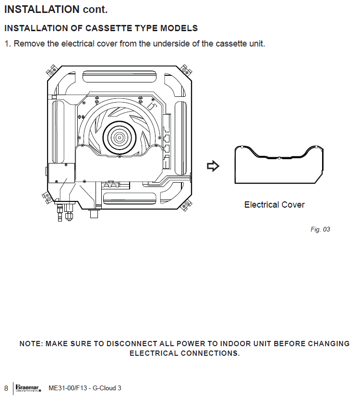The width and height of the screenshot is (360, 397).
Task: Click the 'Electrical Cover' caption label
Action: [x=274, y=205]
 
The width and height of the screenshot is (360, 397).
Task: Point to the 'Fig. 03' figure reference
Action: [x=320, y=230]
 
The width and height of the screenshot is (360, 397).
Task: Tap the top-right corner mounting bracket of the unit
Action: [x=186, y=70]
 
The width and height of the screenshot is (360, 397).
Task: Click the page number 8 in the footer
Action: [x=6, y=388]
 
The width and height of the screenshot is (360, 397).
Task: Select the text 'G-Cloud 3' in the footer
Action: [x=107, y=388]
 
